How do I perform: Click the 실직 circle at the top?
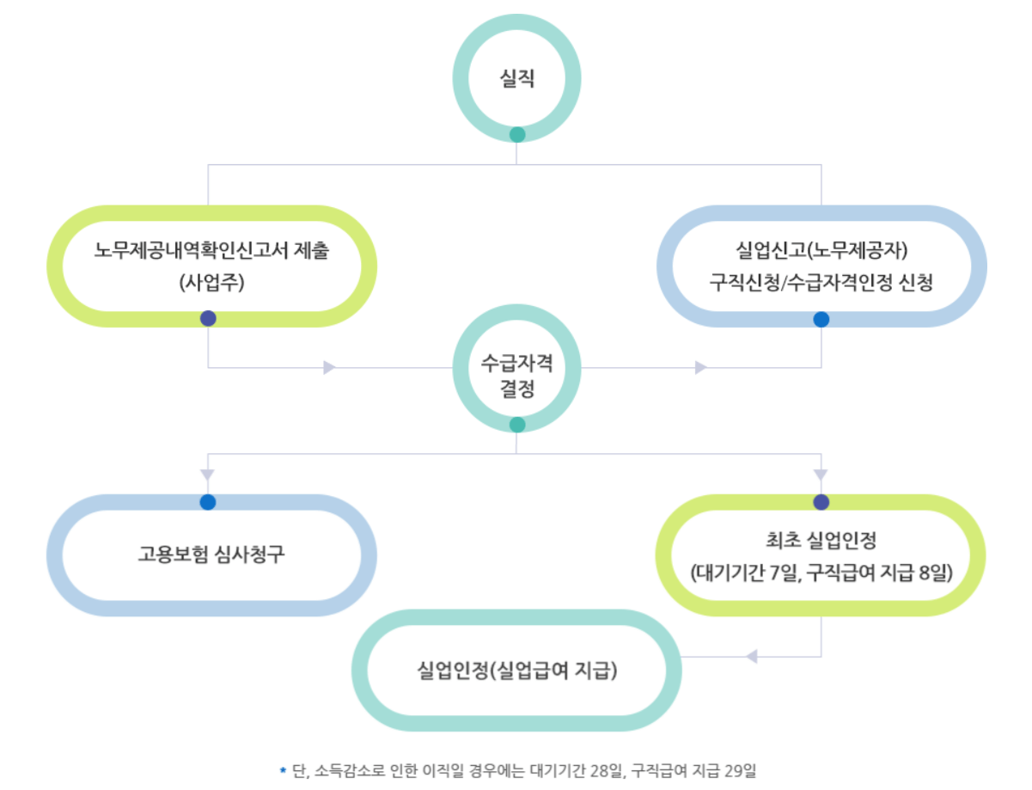tap(516, 78)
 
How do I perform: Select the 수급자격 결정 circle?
tap(516, 375)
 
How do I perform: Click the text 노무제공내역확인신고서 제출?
tap(212, 252)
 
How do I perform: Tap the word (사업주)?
tap(212, 282)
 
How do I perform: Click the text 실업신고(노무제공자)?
tap(821, 252)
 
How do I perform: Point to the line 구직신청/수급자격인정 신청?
tap(821, 282)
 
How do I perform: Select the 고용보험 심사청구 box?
tap(212, 554)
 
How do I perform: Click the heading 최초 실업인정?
tap(821, 541)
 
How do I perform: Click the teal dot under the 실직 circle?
tap(517, 134)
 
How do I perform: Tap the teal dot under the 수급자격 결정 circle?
tap(517, 425)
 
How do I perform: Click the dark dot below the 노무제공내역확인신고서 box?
tap(208, 319)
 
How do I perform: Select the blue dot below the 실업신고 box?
tap(821, 319)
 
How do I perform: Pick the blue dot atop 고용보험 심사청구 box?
tap(208, 502)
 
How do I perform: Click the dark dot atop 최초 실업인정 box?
tap(821, 502)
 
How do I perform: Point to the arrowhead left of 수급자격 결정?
tap(329, 368)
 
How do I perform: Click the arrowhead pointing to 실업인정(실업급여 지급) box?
tap(751, 657)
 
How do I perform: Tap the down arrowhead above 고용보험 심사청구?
tap(208, 475)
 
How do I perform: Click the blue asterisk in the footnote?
tap(282, 770)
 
